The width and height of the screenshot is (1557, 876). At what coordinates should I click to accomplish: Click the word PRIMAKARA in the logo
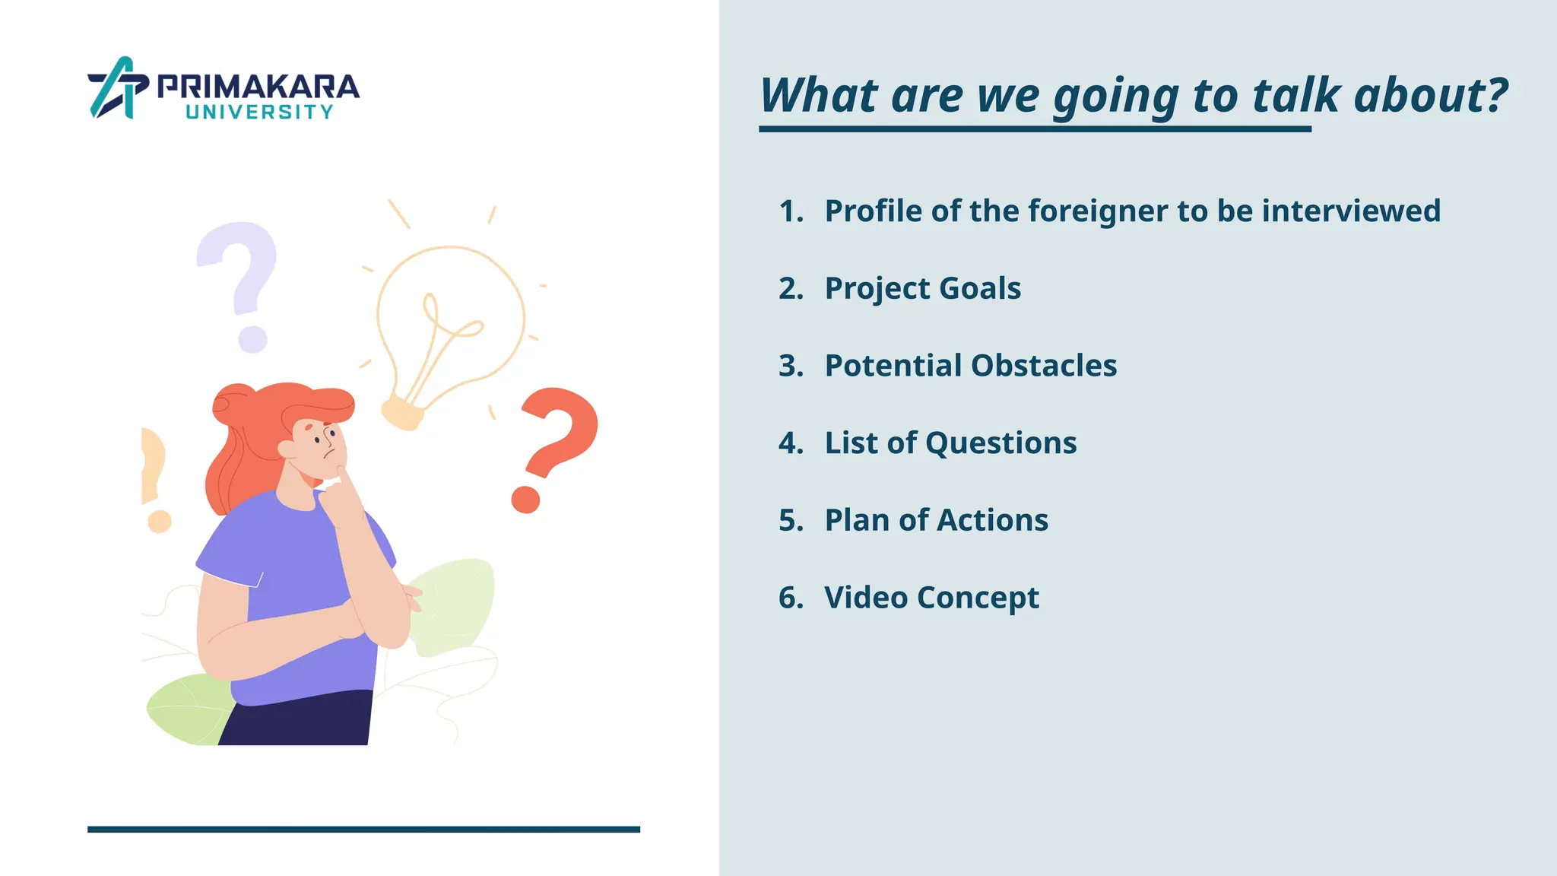tap(258, 87)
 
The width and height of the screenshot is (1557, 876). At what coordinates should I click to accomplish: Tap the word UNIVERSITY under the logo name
tap(259, 113)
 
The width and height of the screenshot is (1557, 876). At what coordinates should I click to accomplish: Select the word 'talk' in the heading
tap(1295, 96)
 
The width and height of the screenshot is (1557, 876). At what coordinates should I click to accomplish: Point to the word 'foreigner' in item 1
tap(1099, 211)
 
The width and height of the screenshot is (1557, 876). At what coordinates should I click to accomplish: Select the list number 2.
tap(791, 289)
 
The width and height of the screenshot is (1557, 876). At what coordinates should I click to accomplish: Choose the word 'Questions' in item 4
tap(1001, 443)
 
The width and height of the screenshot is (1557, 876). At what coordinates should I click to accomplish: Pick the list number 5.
tap(791, 521)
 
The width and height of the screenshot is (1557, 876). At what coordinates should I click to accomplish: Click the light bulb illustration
tap(449, 327)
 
